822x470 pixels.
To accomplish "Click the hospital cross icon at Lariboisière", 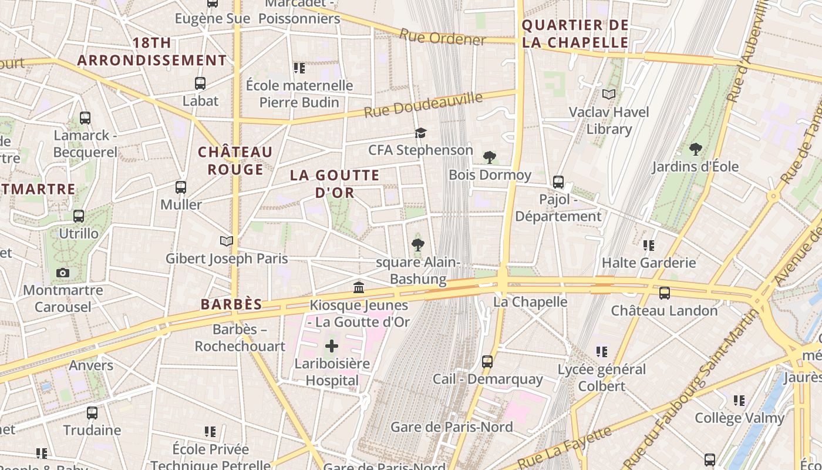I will tap(332, 346).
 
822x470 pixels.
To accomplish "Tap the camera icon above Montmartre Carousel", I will tap(63, 273).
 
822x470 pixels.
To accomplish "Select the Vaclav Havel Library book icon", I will tap(609, 94).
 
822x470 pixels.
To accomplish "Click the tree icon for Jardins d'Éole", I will tap(696, 149).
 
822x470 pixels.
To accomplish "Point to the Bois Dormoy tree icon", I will tap(489, 157).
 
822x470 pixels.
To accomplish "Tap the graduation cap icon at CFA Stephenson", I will tap(420, 133).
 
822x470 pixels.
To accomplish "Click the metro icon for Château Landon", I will tap(665, 293).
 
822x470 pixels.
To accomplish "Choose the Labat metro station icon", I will tap(200, 83).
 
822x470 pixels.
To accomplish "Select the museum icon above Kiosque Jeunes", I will tap(359, 287).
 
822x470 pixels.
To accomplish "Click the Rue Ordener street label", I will tap(443, 38).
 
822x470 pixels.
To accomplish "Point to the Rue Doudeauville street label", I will tap(423, 105).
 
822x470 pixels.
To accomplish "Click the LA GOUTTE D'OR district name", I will tap(335, 184).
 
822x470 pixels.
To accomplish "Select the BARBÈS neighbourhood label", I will tap(231, 304).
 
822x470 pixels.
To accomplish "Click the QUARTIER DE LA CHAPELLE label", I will tap(575, 33).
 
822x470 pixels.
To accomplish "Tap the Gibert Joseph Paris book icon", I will tap(226, 241).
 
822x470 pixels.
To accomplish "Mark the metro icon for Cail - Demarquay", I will tap(487, 362).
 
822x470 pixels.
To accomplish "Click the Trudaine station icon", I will tap(92, 413).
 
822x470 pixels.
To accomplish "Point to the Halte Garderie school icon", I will tap(649, 245).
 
